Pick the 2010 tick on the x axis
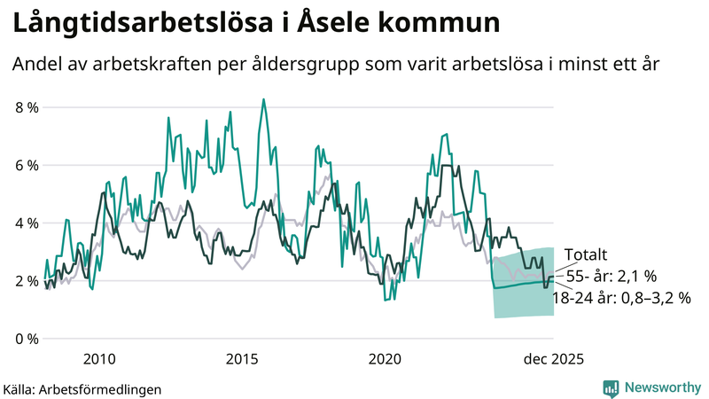(98, 359)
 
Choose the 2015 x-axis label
(242, 359)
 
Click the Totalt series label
(586, 255)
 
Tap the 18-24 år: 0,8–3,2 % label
(620, 299)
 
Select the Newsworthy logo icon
(611, 387)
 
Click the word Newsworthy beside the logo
(662, 387)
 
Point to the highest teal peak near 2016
(263, 99)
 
